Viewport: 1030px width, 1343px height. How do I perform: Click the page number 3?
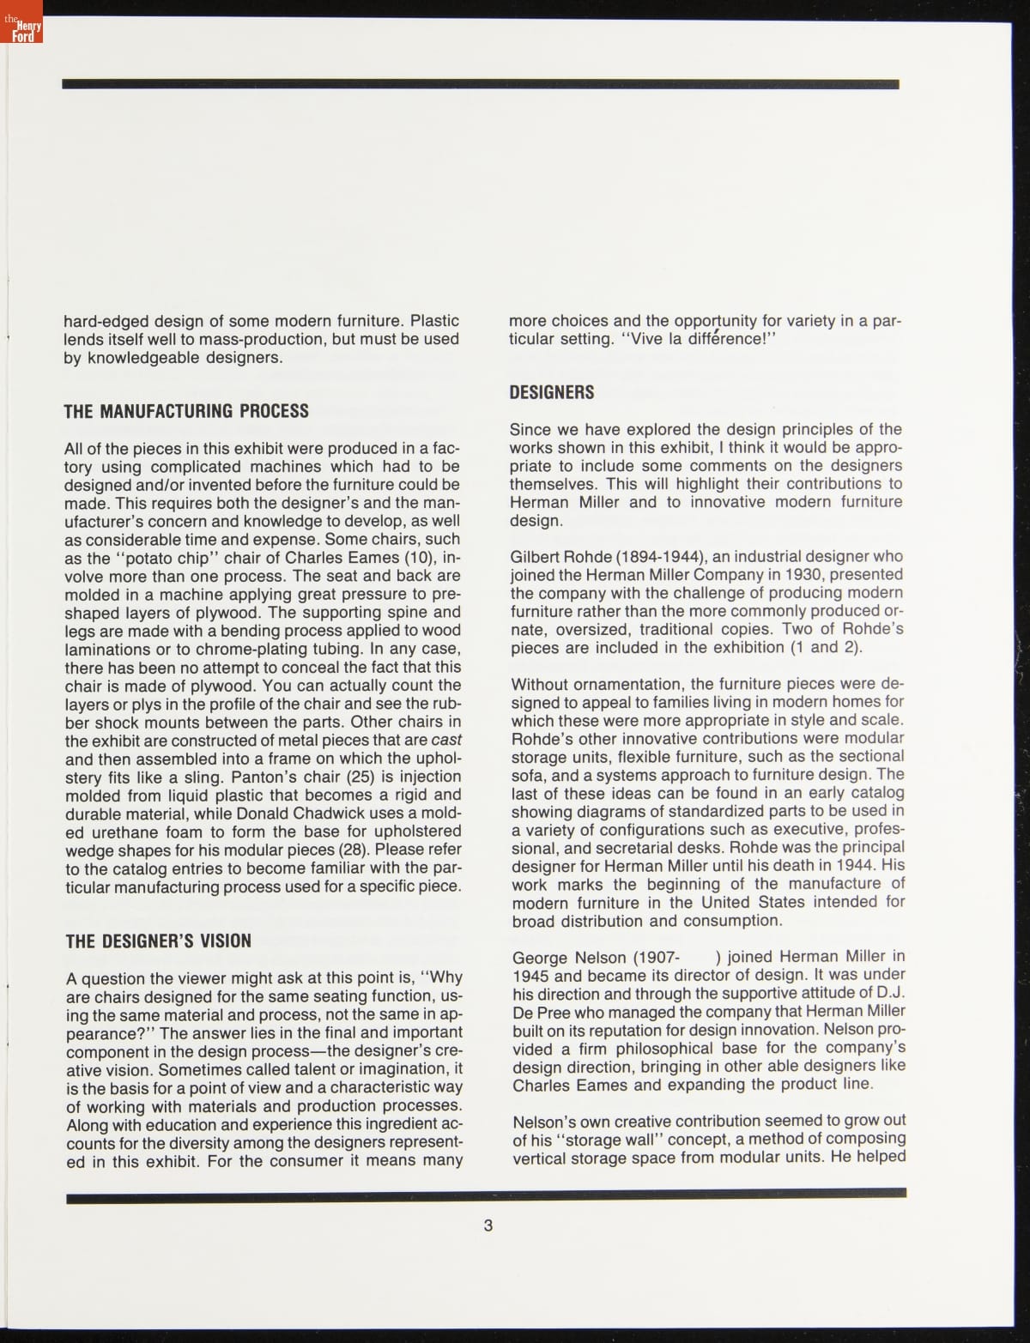pos(488,1225)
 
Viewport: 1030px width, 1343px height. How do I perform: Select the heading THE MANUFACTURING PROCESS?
pos(186,411)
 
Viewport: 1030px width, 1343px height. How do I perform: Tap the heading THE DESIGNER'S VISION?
pos(159,941)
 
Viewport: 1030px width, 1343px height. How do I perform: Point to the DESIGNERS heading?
pos(552,393)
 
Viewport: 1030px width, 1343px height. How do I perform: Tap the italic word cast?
pos(445,740)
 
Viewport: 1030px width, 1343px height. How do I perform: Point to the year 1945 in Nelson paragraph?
pos(531,975)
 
